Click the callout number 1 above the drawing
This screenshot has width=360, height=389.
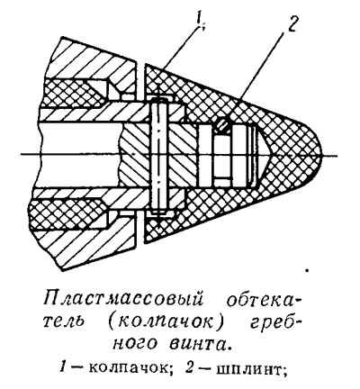(x=200, y=21)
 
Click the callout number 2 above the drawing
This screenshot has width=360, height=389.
(x=291, y=22)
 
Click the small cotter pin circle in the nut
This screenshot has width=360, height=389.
(x=223, y=124)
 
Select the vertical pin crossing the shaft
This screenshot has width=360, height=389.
(x=158, y=155)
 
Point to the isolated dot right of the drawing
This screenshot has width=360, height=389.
(x=307, y=271)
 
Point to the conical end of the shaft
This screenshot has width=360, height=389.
(x=260, y=155)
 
